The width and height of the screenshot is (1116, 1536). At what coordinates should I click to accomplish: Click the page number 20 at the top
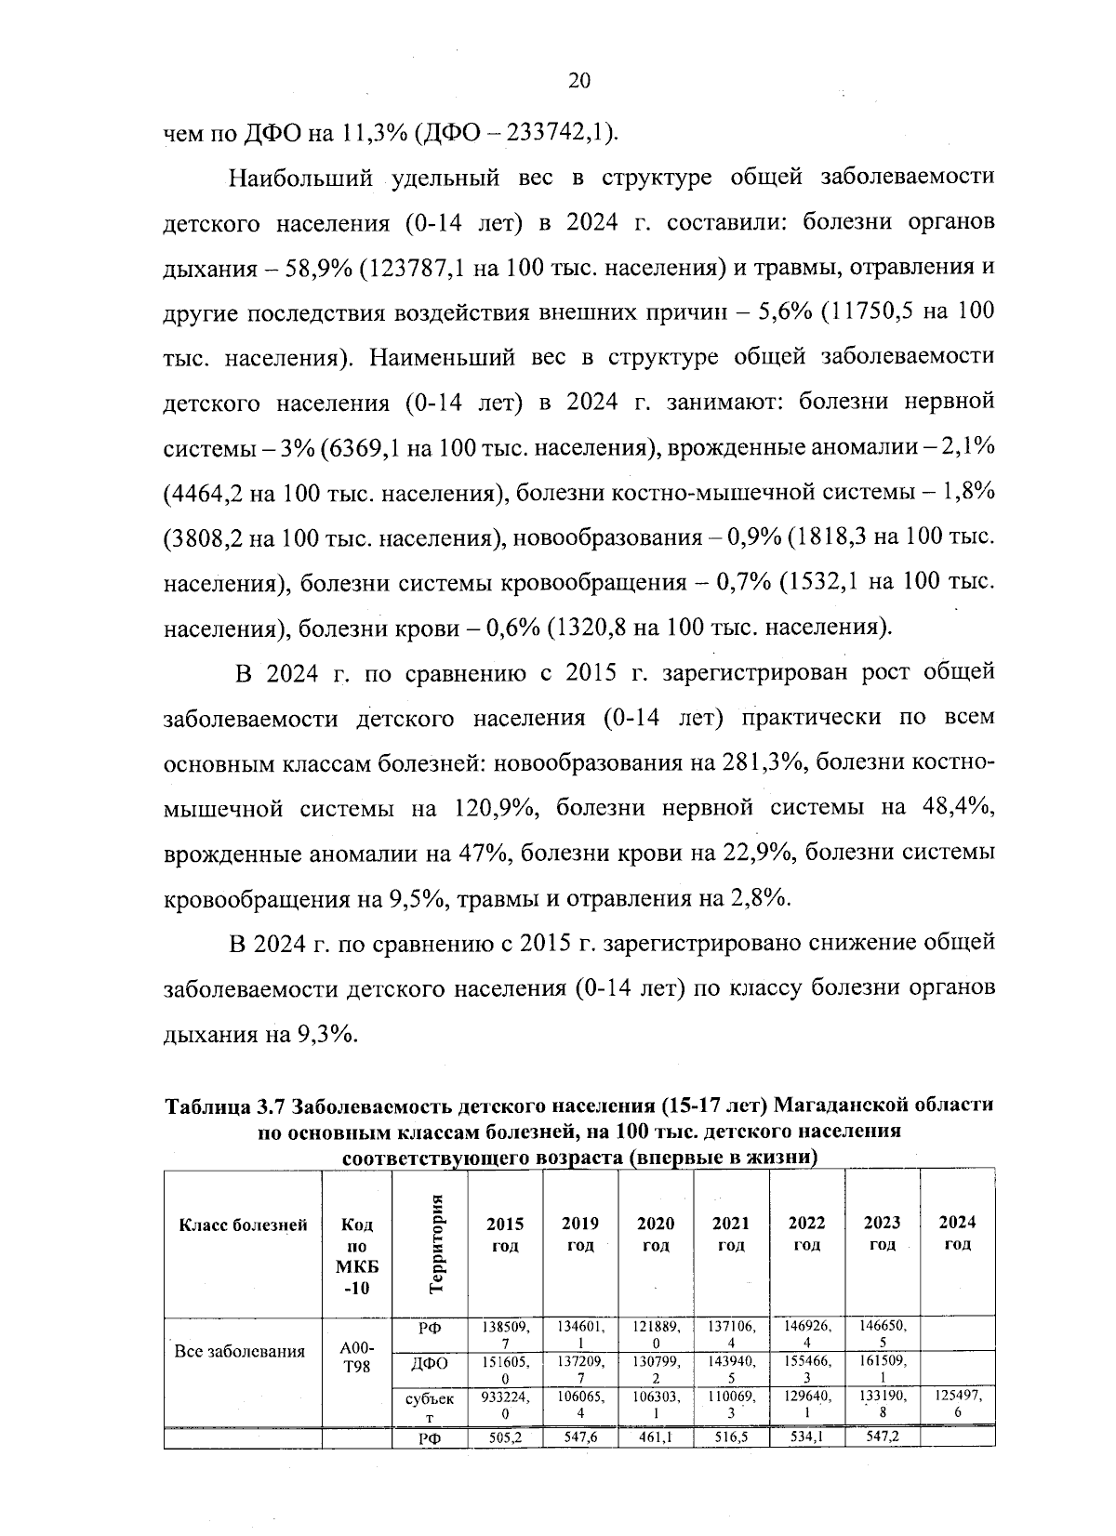click(x=578, y=81)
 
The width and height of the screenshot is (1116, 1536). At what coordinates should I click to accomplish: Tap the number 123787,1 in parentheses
click(x=416, y=269)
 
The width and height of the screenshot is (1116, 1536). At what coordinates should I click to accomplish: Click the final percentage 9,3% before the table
click(x=326, y=1034)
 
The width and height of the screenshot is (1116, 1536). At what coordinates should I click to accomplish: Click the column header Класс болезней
click(x=243, y=1225)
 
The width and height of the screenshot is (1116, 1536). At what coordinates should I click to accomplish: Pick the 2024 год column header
click(x=957, y=1233)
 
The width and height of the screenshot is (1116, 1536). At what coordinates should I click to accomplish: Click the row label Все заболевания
click(x=241, y=1352)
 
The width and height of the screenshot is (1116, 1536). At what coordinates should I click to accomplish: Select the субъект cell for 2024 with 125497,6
click(x=958, y=1404)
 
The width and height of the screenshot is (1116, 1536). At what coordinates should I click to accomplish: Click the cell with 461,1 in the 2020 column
click(x=656, y=1437)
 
